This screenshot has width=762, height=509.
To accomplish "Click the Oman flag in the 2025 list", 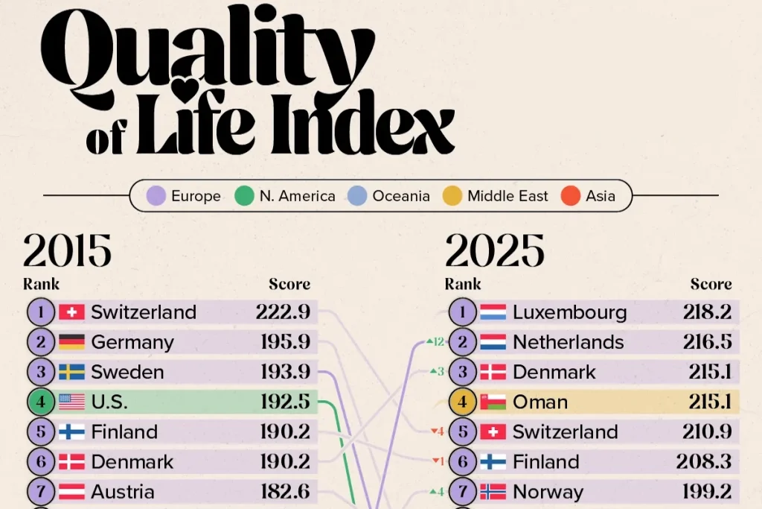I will [x=493, y=402].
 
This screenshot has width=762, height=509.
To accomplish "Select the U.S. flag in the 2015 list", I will [x=71, y=402].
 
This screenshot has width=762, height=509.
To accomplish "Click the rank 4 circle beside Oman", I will [x=462, y=402].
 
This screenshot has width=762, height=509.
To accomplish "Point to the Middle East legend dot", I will [x=453, y=196].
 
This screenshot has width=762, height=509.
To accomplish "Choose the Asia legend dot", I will [x=571, y=196].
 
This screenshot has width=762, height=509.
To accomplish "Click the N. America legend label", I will [x=297, y=196].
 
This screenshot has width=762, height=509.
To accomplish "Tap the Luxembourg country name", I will [x=569, y=312].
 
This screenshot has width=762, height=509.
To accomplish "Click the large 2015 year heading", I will [x=67, y=251].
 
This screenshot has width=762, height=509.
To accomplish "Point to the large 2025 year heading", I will [x=494, y=251].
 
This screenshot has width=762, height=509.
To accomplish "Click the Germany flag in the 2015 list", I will [x=71, y=343].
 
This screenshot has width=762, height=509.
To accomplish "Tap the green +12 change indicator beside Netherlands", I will [x=435, y=342].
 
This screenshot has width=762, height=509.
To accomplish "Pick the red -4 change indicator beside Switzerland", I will [x=438, y=431].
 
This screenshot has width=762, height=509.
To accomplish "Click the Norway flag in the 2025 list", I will [x=493, y=492].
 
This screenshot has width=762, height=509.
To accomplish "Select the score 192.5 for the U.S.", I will [x=285, y=402].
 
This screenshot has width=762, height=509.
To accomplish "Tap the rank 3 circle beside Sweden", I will [x=40, y=373].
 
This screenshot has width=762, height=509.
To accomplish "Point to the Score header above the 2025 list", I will [x=711, y=284].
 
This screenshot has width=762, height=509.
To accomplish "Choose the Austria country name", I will [x=123, y=492].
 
